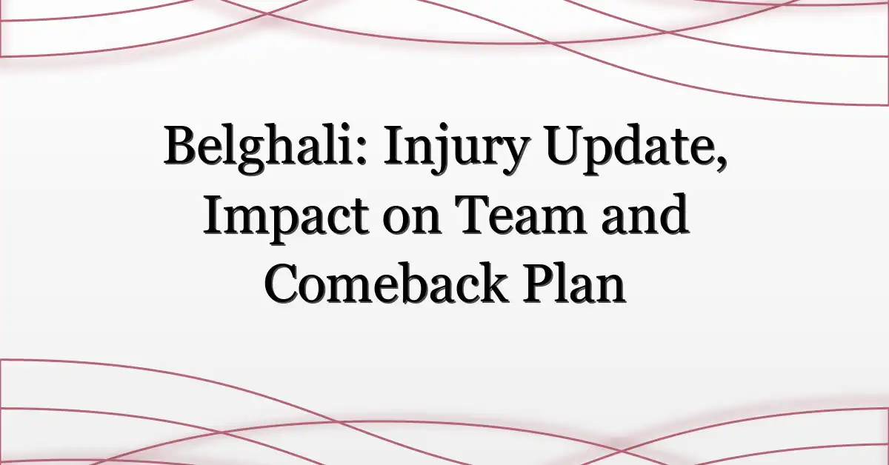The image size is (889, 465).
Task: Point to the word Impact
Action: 286,216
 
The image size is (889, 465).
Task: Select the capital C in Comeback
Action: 283,284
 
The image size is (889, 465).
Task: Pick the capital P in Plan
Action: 542,283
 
